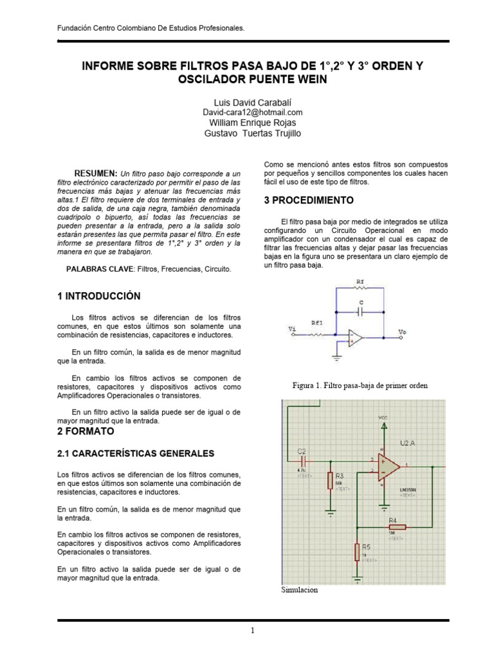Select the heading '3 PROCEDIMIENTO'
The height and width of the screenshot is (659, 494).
pyautogui.click(x=309, y=201)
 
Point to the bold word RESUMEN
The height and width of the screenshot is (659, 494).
pyautogui.click(x=96, y=174)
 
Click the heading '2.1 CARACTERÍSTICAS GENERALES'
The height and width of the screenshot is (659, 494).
pyautogui.click(x=135, y=454)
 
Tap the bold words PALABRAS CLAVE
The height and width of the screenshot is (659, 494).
pyautogui.click(x=100, y=268)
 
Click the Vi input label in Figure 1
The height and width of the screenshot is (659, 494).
pyautogui.click(x=293, y=329)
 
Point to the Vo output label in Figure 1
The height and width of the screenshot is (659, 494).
pyautogui.click(x=403, y=332)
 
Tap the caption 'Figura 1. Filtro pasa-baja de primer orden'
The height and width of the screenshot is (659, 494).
pyautogui.click(x=360, y=385)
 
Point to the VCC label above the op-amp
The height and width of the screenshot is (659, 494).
pyautogui.click(x=382, y=418)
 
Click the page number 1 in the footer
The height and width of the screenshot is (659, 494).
pyautogui.click(x=253, y=631)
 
